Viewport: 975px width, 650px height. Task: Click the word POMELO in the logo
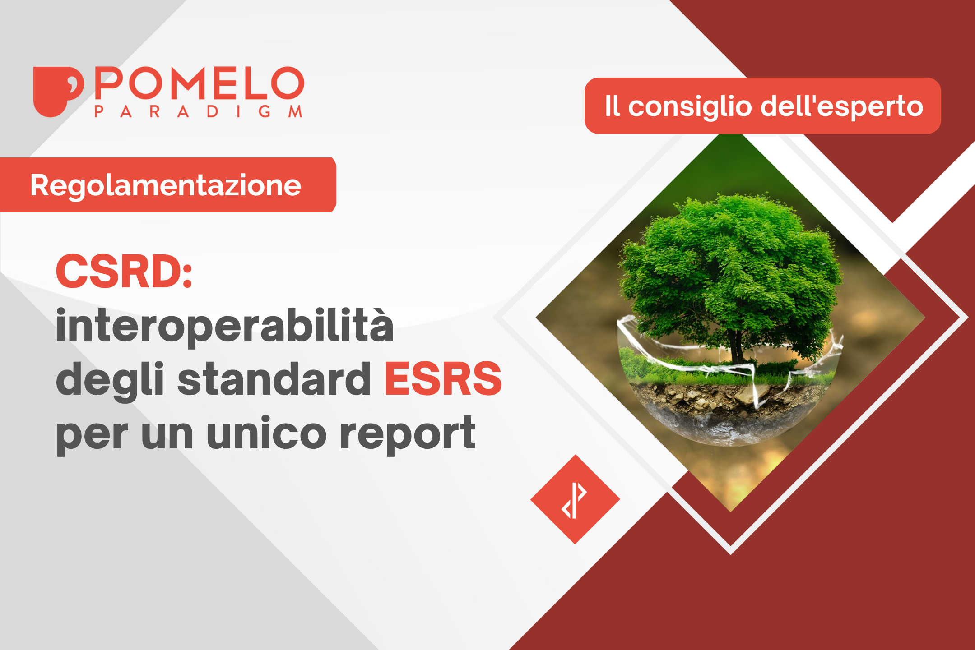pyautogui.click(x=199, y=83)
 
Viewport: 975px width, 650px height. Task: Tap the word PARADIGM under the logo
pyautogui.click(x=198, y=111)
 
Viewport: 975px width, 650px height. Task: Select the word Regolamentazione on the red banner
pyautogui.click(x=165, y=185)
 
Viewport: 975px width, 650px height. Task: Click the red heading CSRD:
pyautogui.click(x=124, y=271)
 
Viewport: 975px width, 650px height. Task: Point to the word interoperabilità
pyautogui.click(x=224, y=326)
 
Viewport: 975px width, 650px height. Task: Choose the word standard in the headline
pyautogui.click(x=274, y=379)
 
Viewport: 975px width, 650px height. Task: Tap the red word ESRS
pyautogui.click(x=443, y=379)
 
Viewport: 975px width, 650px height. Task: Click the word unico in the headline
pyautogui.click(x=266, y=433)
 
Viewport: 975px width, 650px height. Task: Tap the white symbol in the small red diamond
pyautogui.click(x=574, y=500)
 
